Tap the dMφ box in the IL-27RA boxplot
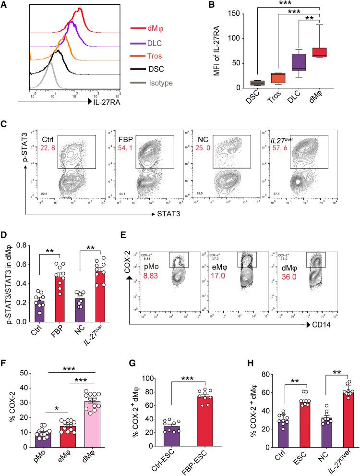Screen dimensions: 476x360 [x=330, y=52]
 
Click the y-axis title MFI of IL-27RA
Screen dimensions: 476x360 [x=218, y=53]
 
